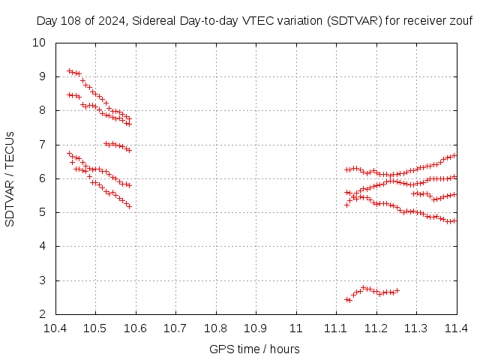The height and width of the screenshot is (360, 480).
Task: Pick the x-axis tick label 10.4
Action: click(55, 328)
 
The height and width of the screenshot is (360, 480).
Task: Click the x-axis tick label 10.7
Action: click(175, 328)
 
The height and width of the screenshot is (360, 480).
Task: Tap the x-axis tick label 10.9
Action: click(256, 328)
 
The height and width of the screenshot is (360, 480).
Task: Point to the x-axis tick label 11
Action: click(296, 328)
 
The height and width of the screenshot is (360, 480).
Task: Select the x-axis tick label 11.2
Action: click(376, 328)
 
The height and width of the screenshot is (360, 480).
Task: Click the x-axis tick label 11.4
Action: click(456, 328)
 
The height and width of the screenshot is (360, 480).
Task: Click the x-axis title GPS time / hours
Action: click(255, 349)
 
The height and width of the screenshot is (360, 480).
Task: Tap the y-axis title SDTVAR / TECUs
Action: click(10, 178)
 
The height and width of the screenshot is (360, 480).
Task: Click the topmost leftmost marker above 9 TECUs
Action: click(69, 71)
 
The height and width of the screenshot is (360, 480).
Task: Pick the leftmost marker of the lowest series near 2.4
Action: click(346, 300)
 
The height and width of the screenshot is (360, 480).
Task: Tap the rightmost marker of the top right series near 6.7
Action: click(454, 156)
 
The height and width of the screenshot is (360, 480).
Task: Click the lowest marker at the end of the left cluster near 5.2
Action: click(130, 206)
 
